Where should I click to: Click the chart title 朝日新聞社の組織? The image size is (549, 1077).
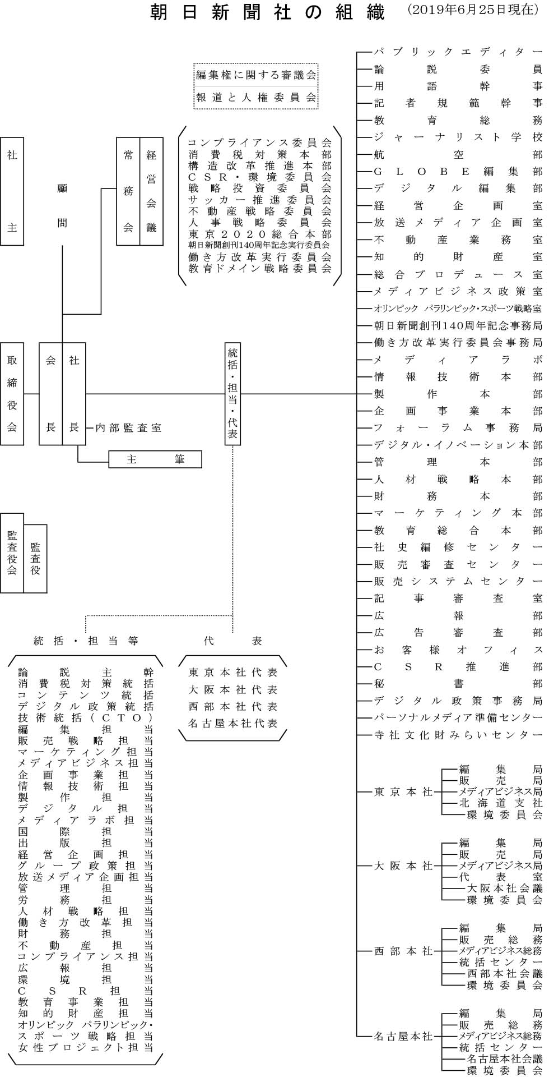[x=268, y=12]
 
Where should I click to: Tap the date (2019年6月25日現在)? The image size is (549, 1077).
[x=473, y=11]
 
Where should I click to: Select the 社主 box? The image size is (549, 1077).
[x=12, y=191]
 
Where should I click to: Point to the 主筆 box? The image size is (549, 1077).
[x=155, y=459]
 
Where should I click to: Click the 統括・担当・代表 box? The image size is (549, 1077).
[x=232, y=394]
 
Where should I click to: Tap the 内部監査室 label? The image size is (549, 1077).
[x=128, y=428]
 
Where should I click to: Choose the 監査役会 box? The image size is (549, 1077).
[x=12, y=553]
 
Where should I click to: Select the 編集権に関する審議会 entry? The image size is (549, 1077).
[x=256, y=74]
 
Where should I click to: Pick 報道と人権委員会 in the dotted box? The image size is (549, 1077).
[x=256, y=98]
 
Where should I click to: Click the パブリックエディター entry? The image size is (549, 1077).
[x=458, y=52]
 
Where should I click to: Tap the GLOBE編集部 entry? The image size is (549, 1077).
[x=458, y=172]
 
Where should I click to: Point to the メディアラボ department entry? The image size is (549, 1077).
[x=458, y=360]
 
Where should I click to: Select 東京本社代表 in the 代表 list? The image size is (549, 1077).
[x=233, y=673]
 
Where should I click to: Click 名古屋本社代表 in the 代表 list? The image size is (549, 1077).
[x=233, y=724]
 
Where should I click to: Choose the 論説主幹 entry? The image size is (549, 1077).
[x=85, y=672]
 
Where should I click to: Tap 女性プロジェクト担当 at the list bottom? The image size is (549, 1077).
[x=85, y=1047]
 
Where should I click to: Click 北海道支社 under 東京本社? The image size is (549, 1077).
[x=501, y=803]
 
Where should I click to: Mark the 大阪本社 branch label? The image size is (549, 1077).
[x=403, y=882]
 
